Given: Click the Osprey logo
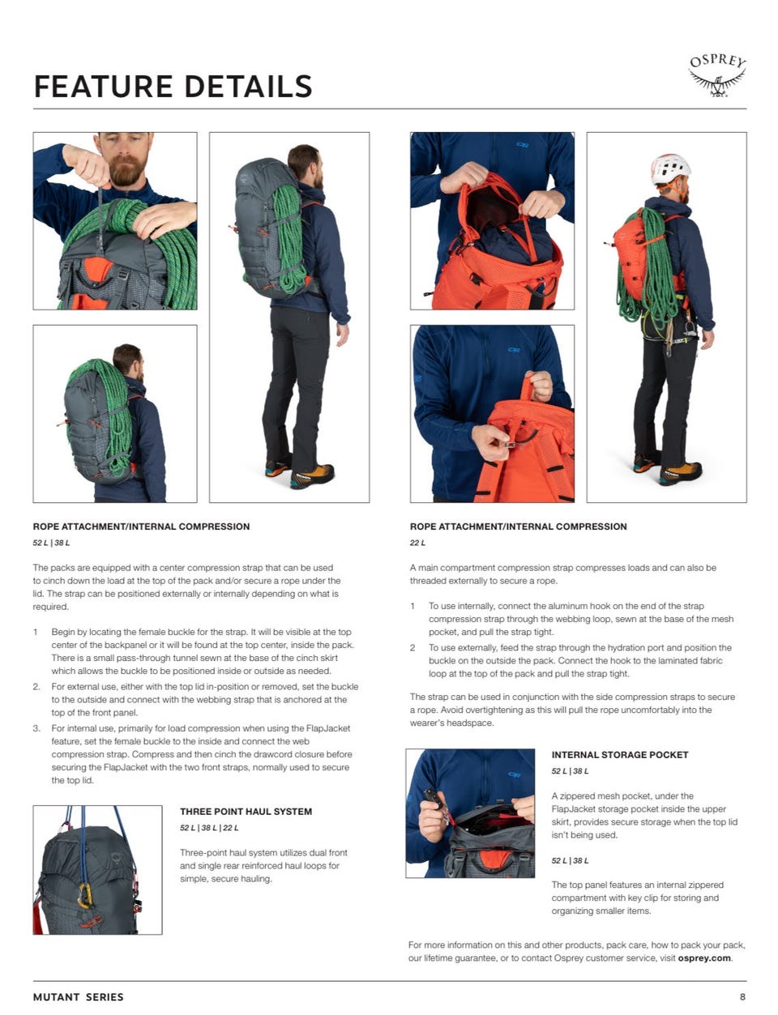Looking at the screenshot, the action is [x=716, y=76].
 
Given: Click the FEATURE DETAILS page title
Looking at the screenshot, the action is [x=173, y=87].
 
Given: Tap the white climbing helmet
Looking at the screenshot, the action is [x=670, y=168].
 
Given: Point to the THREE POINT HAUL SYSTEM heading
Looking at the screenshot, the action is [x=246, y=812].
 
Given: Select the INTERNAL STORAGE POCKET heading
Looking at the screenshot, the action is [x=620, y=754].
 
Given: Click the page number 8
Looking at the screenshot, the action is [x=742, y=996].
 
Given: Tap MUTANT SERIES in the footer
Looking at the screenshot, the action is [x=78, y=997].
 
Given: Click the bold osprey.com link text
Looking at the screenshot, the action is [x=703, y=957].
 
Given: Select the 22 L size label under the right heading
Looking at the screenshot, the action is [x=417, y=543].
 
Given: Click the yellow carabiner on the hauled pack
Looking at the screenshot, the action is [x=84, y=895].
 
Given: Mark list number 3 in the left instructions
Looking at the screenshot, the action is [x=36, y=727].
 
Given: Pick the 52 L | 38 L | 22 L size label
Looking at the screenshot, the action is [x=209, y=828].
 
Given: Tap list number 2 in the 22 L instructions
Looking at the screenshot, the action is [x=413, y=647].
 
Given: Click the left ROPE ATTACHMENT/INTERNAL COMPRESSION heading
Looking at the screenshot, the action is [x=141, y=527].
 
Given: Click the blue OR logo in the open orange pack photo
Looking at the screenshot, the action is [x=523, y=145].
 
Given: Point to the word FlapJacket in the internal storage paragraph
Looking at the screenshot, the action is [x=572, y=808].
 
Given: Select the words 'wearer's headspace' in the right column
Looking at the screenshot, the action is [x=452, y=723].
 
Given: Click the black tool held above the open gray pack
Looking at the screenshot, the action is [x=434, y=798].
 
